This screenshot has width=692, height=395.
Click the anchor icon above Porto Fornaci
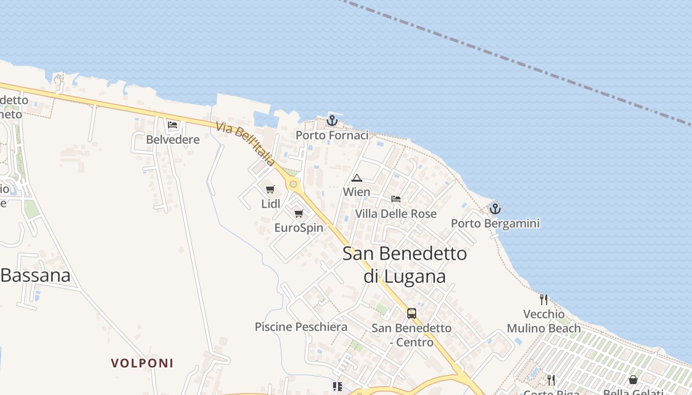click(x=332, y=120)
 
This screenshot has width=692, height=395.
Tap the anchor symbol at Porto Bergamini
click(x=495, y=209)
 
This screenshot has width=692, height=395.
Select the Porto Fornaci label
click(x=332, y=135)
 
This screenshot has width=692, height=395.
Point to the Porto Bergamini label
click(x=495, y=224)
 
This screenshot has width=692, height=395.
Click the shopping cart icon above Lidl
click(x=270, y=190)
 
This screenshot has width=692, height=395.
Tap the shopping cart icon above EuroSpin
click(x=299, y=214)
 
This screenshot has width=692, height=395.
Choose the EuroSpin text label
click(x=299, y=228)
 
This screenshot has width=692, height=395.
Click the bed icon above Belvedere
click(x=173, y=125)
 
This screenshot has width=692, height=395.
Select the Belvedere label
click(x=173, y=140)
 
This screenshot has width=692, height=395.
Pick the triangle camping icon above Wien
click(x=356, y=178)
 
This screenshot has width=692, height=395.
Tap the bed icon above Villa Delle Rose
click(x=396, y=199)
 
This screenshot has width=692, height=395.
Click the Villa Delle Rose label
click(x=396, y=214)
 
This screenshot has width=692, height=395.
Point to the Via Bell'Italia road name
click(x=245, y=144)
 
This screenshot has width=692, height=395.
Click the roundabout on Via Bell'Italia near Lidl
click(x=294, y=184)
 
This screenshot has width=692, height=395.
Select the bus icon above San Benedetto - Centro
click(x=411, y=313)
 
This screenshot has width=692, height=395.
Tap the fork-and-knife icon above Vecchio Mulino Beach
click(x=544, y=299)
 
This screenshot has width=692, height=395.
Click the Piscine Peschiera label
click(x=301, y=327)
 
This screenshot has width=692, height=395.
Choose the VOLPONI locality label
click(x=142, y=363)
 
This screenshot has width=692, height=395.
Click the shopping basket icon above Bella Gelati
click(x=633, y=380)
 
